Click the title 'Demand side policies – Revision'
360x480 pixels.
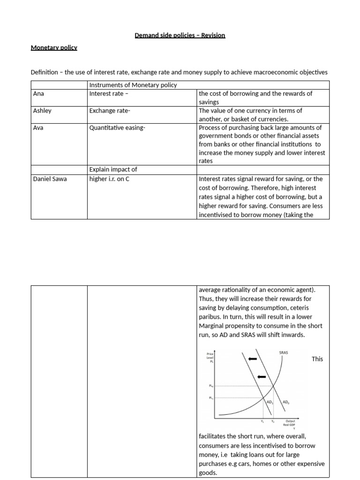[x=180, y=35]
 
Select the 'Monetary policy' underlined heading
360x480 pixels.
[x=54, y=47]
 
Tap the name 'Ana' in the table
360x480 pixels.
[x=38, y=93]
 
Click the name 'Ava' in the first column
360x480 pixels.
[x=38, y=127]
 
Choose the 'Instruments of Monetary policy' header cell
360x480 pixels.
[x=133, y=85]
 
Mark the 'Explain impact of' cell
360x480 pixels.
[x=113, y=169]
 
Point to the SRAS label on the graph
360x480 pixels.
[x=283, y=352]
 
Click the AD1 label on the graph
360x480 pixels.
[x=270, y=402]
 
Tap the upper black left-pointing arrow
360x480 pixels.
[x=253, y=359]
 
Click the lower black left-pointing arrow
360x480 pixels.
[x=262, y=376]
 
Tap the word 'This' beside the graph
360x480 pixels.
[x=317, y=359]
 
